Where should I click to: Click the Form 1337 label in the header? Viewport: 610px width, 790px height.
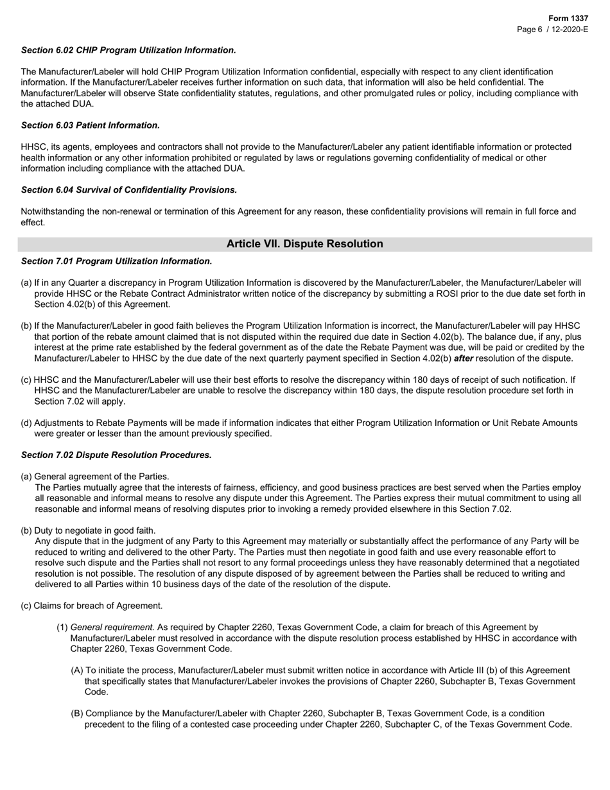(568, 19)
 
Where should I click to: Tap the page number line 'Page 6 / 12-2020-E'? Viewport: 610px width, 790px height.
(553, 30)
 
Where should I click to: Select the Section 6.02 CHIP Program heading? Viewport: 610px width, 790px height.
(128, 50)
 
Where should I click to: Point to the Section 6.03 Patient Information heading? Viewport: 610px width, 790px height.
(91, 125)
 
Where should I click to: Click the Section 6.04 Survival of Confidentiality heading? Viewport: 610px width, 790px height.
(129, 190)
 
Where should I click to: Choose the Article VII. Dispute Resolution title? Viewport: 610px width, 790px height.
(304, 244)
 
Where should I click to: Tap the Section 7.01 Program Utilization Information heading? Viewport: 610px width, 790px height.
(116, 261)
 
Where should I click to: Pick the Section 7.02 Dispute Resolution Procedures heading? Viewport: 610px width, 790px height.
(116, 455)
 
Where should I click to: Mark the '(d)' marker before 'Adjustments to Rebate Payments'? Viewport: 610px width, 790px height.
(26, 423)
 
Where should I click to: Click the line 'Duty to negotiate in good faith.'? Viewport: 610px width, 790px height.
(95, 531)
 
